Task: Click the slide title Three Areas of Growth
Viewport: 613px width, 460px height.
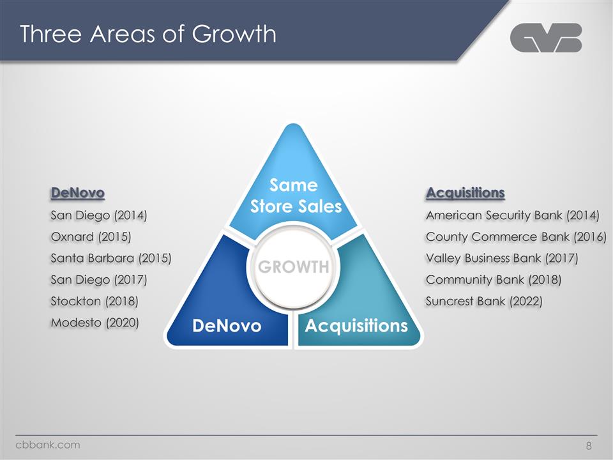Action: (x=148, y=34)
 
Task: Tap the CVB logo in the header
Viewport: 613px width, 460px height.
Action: (x=546, y=38)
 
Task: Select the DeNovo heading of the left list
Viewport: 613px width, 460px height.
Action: (x=77, y=192)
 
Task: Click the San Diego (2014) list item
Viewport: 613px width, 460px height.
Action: (x=99, y=215)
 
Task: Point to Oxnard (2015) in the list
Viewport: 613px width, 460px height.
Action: (x=91, y=237)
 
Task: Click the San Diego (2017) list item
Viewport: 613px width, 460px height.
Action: (x=99, y=280)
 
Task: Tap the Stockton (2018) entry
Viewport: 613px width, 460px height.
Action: (x=95, y=301)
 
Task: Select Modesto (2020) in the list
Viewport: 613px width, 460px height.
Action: (x=95, y=323)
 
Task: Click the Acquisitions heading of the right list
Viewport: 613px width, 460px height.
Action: (x=465, y=192)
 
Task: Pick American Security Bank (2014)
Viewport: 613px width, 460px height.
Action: (x=512, y=215)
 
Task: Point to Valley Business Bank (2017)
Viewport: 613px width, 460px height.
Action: (x=502, y=258)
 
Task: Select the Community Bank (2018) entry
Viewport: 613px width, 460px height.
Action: (x=494, y=280)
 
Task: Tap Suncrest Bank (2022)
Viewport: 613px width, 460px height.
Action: (x=484, y=301)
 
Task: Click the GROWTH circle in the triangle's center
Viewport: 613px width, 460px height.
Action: (x=293, y=266)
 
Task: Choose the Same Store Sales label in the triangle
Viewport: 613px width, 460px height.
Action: (x=293, y=196)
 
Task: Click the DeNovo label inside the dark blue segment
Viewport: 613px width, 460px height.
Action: (x=227, y=326)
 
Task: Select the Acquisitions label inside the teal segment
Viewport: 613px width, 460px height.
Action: (x=356, y=326)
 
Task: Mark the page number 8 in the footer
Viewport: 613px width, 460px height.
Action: (x=589, y=445)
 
